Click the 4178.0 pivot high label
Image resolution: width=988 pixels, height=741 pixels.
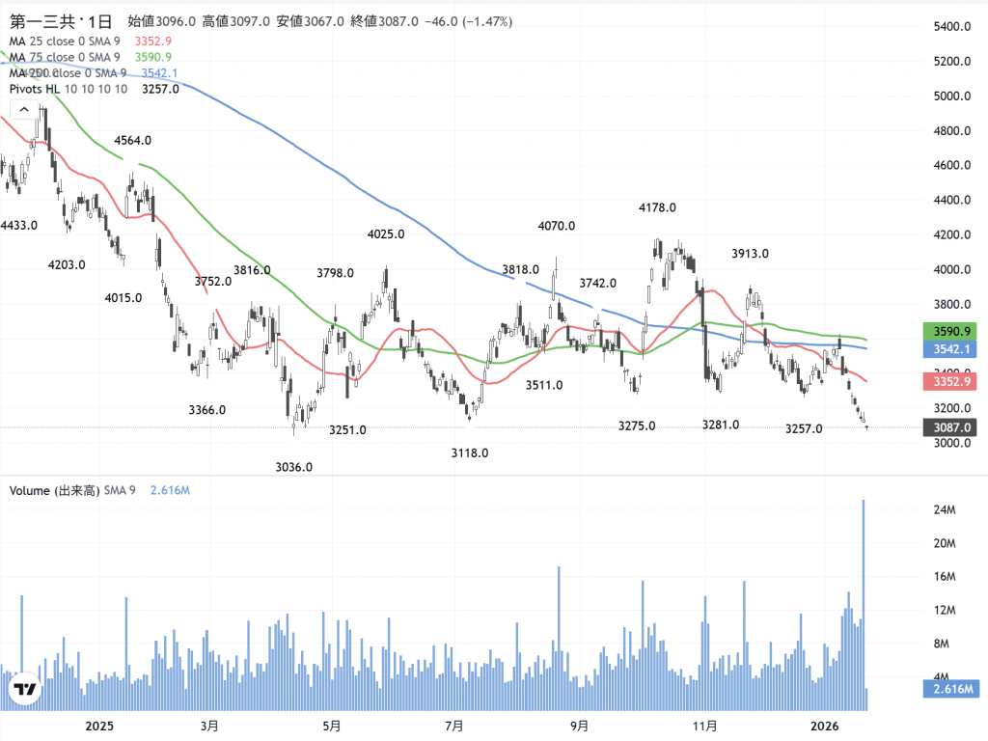[x=657, y=207]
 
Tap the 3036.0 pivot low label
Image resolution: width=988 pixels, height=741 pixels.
[x=294, y=467]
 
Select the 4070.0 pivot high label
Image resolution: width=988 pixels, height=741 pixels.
[x=557, y=226]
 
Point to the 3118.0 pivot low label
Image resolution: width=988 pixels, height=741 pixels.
[x=470, y=453]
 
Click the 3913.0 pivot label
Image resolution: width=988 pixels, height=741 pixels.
[x=750, y=254]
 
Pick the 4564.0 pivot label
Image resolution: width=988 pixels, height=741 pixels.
[x=132, y=140]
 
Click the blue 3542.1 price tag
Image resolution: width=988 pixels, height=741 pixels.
[x=949, y=348]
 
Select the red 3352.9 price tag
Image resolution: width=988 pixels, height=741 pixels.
[x=949, y=382]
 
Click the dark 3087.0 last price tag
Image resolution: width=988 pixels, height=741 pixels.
[x=949, y=426]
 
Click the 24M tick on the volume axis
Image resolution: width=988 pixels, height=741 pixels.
[x=944, y=509]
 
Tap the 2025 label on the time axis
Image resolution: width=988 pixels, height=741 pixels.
[x=100, y=725]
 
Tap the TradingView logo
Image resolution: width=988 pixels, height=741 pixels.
[x=24, y=690]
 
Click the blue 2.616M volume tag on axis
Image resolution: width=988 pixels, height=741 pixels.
[x=949, y=689]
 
